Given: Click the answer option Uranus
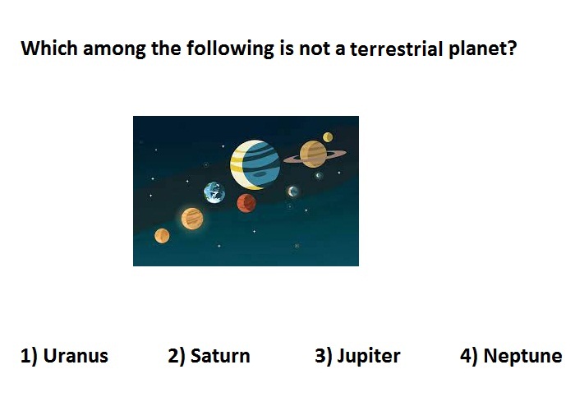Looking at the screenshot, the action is tap(64, 356).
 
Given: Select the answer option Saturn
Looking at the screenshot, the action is tap(209, 356).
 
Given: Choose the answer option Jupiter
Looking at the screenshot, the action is tap(357, 356).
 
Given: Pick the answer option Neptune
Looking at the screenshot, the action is tap(511, 356).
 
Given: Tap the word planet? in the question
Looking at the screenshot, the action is tap(483, 49).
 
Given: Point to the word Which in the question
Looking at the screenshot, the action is tap(49, 48).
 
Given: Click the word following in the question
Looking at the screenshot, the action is tap(230, 48).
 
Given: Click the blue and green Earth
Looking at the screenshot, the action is tap(214, 192).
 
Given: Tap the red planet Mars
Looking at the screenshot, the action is tap(246, 203).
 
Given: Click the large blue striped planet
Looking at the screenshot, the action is tap(255, 164).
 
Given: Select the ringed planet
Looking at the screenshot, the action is tap(314, 155).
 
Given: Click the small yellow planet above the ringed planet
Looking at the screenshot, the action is tap(328, 137).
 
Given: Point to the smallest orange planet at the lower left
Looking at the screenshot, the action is tap(162, 236).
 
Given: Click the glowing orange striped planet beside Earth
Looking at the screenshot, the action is tap(191, 219).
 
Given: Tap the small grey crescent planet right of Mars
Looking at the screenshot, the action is tap(292, 192).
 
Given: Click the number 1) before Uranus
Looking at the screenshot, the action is tap(29, 356).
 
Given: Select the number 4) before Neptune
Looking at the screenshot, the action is tap(469, 356).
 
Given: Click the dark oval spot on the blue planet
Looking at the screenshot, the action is tap(260, 174).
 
